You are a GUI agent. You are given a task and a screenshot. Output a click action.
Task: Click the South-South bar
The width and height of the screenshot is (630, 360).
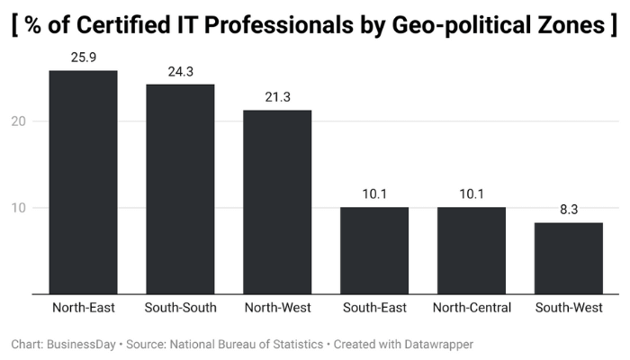[x=180, y=189]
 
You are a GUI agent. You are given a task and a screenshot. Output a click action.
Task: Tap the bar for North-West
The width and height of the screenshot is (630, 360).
[x=277, y=202]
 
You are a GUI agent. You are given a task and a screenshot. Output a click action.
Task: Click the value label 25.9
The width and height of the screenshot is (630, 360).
[x=83, y=58]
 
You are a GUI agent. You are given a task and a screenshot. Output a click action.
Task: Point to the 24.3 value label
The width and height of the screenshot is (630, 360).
[x=180, y=72]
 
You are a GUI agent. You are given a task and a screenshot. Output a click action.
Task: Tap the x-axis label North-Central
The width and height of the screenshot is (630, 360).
[x=472, y=308]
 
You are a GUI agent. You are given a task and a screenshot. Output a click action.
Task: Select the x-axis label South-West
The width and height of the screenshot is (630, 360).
[x=569, y=308]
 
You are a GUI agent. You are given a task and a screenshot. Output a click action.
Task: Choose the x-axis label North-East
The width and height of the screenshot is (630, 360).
[x=83, y=308]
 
